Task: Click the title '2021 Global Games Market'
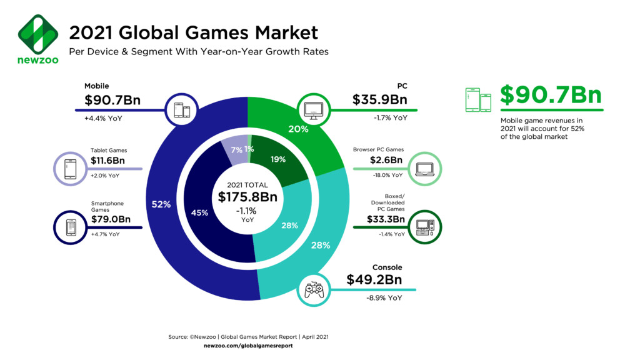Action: (x=193, y=32)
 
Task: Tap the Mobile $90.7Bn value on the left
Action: (x=111, y=100)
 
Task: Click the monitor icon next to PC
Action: (x=312, y=110)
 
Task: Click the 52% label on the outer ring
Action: (x=161, y=204)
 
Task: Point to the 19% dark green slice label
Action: (x=278, y=159)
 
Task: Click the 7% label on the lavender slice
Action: (x=236, y=151)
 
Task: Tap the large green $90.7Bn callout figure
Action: (x=550, y=96)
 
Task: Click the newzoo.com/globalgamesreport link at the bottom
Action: (x=248, y=346)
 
